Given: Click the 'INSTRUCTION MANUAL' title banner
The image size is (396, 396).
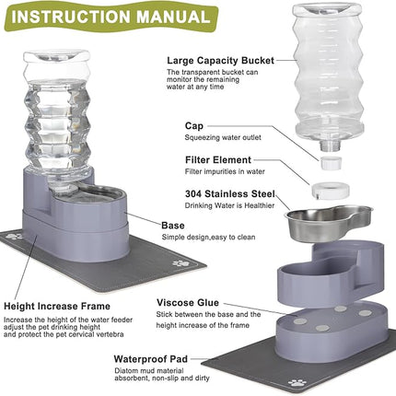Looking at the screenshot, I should coord(108,17).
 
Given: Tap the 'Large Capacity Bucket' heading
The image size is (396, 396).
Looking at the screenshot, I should coord(219,60).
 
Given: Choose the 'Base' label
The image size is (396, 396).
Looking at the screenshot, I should coord(174,225).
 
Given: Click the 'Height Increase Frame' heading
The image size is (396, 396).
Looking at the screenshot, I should coord(57,305).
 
